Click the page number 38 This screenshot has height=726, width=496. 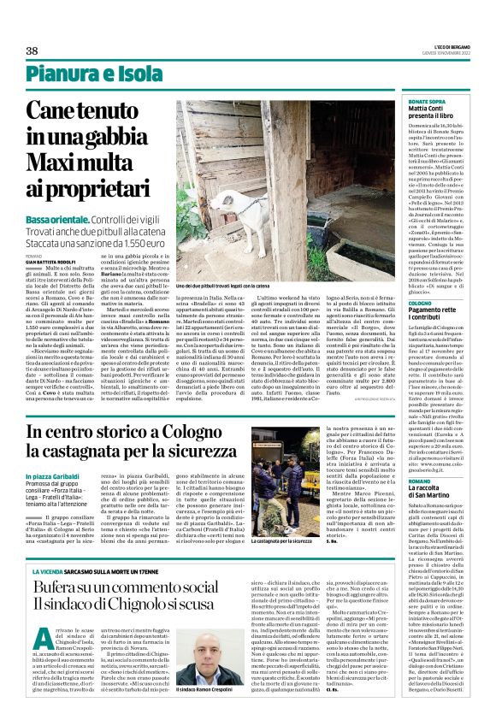[32, 51]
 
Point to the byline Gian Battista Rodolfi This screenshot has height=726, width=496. [56, 261]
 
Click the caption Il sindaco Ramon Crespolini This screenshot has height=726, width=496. [207, 711]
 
